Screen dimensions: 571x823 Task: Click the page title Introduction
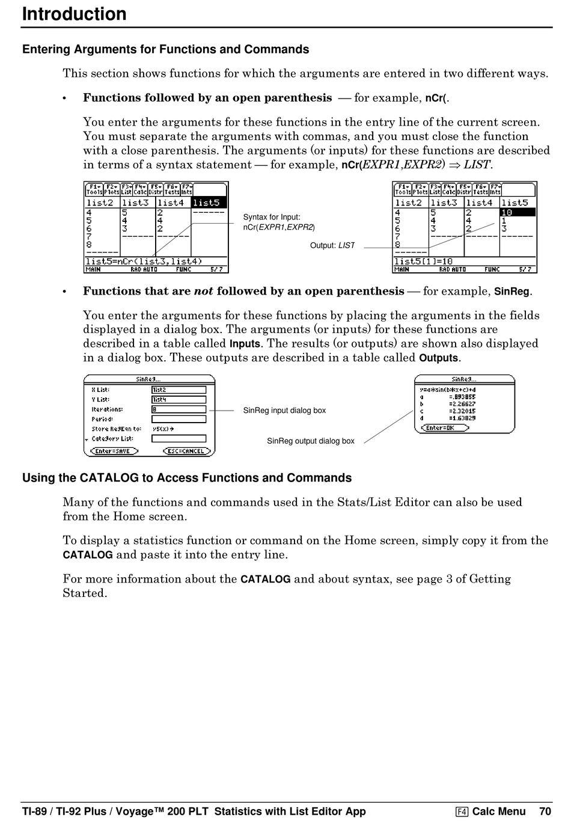click(x=74, y=14)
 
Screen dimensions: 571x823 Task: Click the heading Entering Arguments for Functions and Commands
click(x=166, y=49)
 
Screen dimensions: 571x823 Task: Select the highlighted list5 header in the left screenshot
click(x=209, y=203)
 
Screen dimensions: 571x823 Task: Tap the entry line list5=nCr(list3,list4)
click(x=144, y=262)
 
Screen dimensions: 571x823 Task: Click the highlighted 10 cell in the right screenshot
click(x=518, y=212)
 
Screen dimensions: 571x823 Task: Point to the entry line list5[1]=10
click(x=423, y=262)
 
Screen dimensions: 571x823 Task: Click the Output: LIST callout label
click(x=332, y=245)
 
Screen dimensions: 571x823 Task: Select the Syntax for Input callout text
click(x=279, y=222)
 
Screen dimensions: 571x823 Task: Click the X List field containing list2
click(x=179, y=390)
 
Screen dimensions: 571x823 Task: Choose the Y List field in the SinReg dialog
click(x=179, y=399)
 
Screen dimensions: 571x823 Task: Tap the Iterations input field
click(x=179, y=409)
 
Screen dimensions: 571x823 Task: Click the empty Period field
click(x=179, y=419)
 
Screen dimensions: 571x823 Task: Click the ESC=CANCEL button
click(x=187, y=451)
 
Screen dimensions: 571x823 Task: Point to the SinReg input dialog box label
click(x=284, y=411)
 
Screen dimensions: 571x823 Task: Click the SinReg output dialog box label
click(x=311, y=441)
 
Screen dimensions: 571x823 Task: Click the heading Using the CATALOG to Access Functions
click(x=187, y=478)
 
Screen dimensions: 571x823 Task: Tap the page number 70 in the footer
click(x=545, y=811)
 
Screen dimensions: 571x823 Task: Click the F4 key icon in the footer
click(x=462, y=812)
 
